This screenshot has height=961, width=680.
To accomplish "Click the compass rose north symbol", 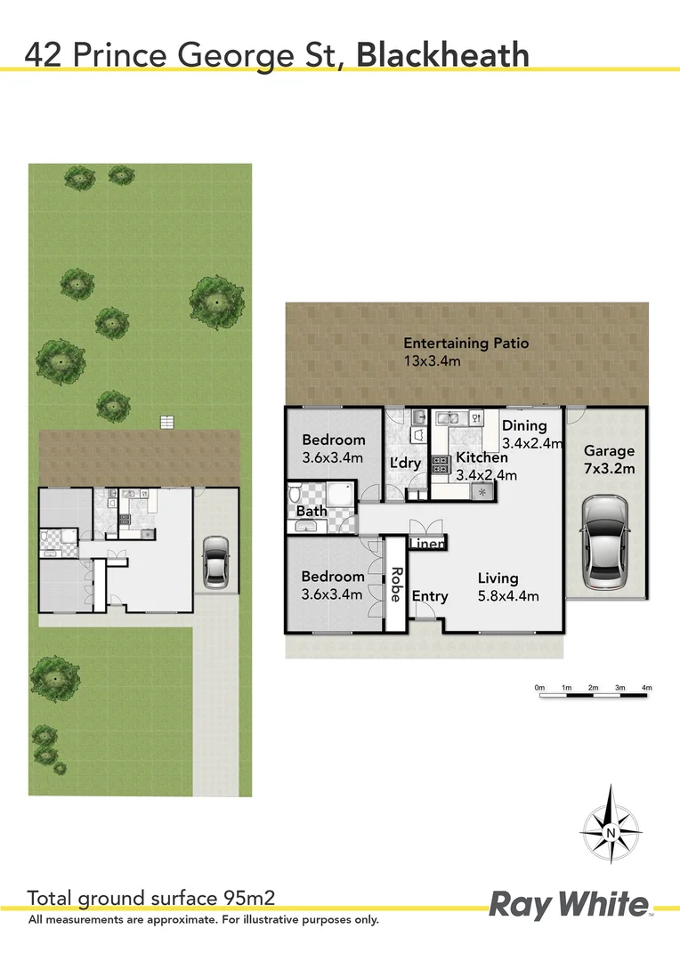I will pos(611,832).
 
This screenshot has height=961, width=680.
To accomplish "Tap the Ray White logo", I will pos(570,906).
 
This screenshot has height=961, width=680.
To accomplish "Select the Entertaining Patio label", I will pos(465,343).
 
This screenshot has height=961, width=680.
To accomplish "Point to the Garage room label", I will pos(609,451).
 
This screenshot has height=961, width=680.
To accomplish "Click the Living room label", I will pos(497,577).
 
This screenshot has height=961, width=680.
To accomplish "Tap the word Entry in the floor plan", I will pos(430,596).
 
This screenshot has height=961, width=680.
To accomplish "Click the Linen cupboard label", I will pos(427,544).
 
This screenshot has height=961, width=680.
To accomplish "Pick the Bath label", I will pos(312,512).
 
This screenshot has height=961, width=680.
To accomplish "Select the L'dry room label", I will pos(406,464).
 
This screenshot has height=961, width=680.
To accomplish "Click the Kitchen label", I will pos(482,457).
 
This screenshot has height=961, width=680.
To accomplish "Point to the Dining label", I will pos(524,425).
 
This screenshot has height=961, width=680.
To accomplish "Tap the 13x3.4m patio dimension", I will pos(432,361).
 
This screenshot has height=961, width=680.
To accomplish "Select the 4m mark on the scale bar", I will pos(647,688).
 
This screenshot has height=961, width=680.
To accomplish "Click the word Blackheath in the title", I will pos(442,54).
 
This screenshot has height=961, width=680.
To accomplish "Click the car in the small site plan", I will pos(215,562).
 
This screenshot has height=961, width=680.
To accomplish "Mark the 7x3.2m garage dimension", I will pos(609,469).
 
